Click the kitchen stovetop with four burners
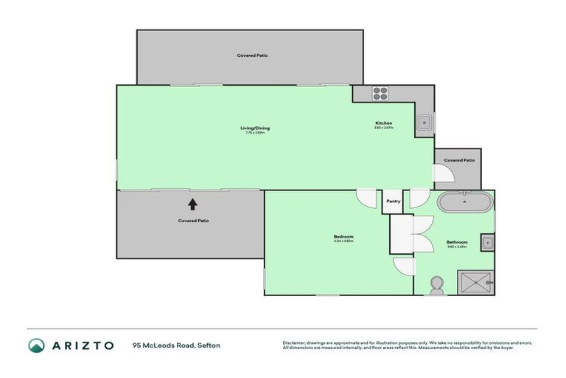(380, 93)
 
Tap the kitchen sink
(424, 123)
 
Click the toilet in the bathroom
(436, 283)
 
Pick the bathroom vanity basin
(486, 241)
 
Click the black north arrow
(192, 204)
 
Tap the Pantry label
(392, 200)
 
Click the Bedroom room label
(343, 236)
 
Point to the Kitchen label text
(383, 123)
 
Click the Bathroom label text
(457, 241)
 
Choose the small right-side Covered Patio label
(458, 159)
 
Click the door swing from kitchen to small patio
(442, 173)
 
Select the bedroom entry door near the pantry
(366, 198)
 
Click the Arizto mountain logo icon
(36, 345)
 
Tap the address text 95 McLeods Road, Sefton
(176, 345)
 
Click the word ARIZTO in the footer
(82, 345)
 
